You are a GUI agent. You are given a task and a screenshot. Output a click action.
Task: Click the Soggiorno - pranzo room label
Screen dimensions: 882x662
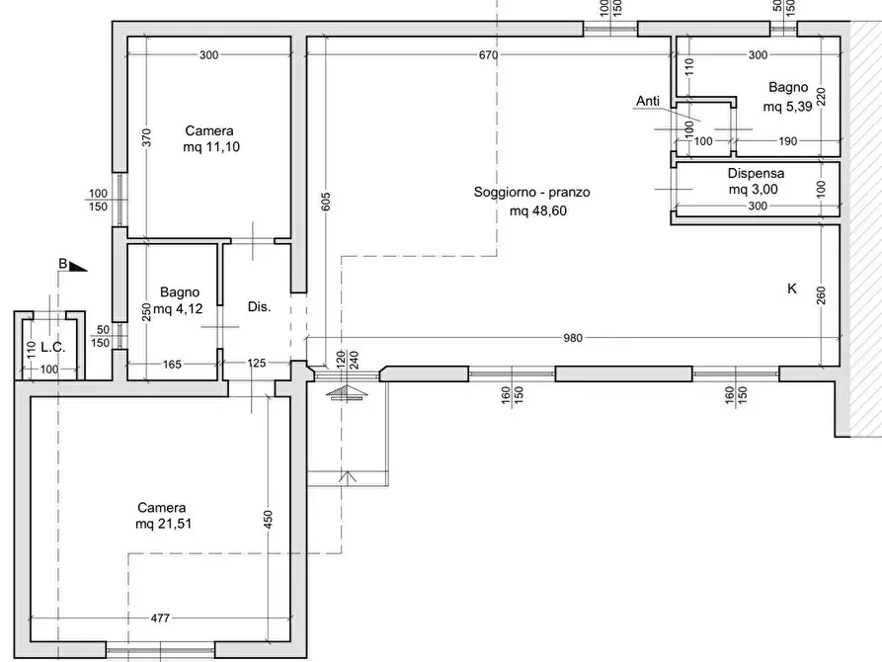531,192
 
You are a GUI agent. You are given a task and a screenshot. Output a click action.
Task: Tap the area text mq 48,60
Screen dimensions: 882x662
537,211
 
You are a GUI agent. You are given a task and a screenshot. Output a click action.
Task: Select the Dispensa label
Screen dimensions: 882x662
756,173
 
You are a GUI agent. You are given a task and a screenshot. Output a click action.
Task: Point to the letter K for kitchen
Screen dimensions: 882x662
792,289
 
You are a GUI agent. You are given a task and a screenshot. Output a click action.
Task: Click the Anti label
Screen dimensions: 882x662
648,101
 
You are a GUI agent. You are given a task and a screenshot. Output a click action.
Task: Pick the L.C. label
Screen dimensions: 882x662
53,348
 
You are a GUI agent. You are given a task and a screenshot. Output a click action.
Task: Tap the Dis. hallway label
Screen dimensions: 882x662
260,307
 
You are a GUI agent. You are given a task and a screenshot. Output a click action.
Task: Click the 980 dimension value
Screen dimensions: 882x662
573,338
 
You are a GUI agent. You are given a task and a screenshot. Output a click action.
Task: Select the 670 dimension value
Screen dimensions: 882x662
488,54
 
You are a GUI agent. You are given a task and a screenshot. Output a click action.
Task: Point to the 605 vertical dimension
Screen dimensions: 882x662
326,202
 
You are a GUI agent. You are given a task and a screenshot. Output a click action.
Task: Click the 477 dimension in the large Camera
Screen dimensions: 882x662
160,618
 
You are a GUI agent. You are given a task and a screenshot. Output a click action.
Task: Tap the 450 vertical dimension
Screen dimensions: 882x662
268,519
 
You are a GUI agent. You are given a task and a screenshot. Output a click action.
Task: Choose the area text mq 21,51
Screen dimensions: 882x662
163,524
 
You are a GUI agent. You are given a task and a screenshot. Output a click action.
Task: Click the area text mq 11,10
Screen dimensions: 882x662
211,147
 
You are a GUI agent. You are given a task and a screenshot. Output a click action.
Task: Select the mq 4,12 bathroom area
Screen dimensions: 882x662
178,308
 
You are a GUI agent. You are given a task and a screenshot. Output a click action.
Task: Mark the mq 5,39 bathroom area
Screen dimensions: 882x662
787,107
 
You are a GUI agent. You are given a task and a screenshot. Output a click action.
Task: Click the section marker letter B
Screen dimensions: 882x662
63,264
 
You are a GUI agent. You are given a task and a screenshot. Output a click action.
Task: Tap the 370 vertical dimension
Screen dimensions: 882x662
146,138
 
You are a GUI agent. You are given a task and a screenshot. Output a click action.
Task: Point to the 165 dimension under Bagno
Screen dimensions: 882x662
172,365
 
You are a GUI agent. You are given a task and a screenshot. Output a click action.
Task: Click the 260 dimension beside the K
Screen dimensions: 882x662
821,295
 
